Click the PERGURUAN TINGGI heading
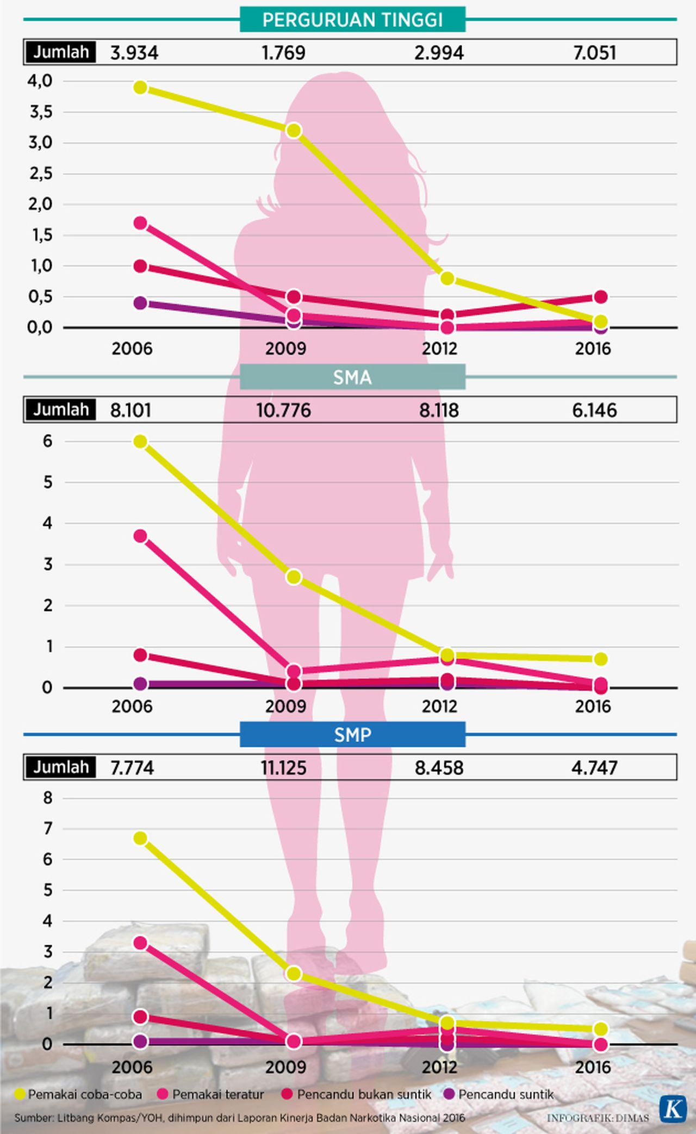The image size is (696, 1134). tap(352, 20)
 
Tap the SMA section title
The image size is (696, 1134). tap(352, 377)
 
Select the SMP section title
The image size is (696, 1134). tap(352, 735)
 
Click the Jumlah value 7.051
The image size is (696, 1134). tap(594, 53)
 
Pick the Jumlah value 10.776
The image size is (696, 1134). tap(283, 410)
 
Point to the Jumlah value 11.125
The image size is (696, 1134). tap(283, 768)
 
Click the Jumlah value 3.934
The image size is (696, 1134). tap(134, 53)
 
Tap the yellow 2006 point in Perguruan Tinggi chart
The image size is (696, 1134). tap(140, 87)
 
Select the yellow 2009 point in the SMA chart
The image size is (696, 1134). tap(294, 577)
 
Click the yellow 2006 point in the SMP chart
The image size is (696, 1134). tap(140, 838)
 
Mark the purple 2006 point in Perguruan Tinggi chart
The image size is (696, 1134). tap(140, 303)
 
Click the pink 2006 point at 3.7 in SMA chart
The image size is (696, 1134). tap(140, 536)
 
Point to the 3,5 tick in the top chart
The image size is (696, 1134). tap(41, 112)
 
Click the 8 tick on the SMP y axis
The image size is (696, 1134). tap(48, 798)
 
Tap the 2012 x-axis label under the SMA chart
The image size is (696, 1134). tap(439, 707)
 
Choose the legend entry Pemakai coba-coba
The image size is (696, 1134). tap(79, 1094)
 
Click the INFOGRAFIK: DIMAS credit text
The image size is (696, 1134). tap(598, 1118)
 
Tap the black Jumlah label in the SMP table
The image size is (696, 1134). tap(60, 767)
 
